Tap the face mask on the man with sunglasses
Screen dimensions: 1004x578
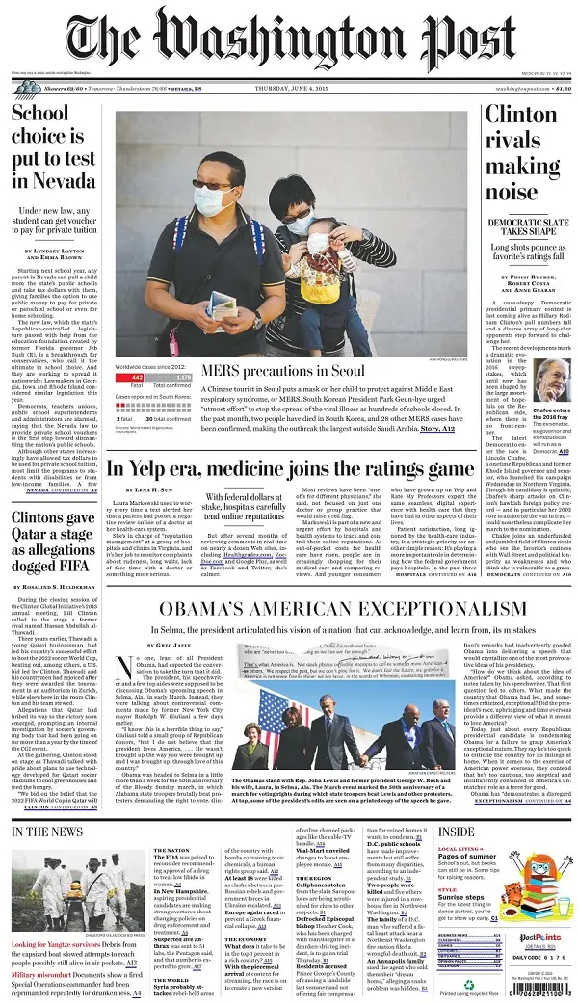(215, 202)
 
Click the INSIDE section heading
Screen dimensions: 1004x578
(457, 831)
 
